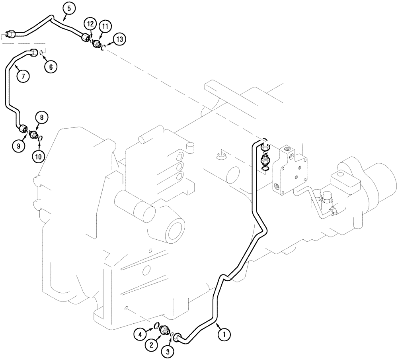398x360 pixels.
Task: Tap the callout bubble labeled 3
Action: click(167, 352)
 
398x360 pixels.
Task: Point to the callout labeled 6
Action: click(51, 67)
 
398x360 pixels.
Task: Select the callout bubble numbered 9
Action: click(18, 146)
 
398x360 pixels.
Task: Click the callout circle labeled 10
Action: click(38, 157)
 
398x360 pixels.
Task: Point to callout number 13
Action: click(119, 39)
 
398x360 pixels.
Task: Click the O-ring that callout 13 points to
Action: click(103, 48)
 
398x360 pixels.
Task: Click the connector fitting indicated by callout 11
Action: click(96, 44)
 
